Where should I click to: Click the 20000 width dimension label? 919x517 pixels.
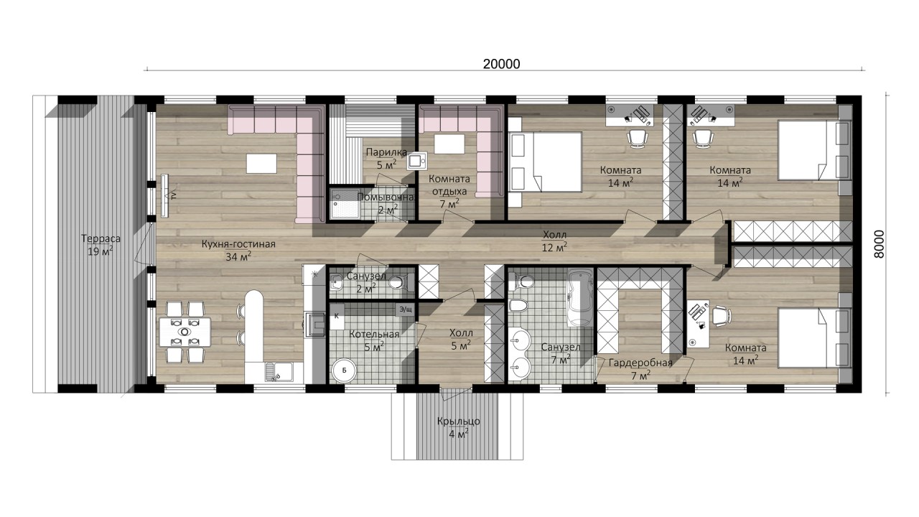click(501, 65)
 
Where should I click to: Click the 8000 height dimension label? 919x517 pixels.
click(879, 244)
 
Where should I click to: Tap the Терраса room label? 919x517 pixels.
click(101, 239)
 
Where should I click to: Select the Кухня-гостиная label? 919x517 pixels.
click(238, 244)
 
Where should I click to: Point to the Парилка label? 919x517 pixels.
click(386, 153)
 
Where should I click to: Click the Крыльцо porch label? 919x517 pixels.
click(458, 421)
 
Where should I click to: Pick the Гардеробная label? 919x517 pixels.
click(640, 363)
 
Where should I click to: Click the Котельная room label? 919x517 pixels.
click(374, 335)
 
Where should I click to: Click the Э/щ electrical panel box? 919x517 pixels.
click(406, 309)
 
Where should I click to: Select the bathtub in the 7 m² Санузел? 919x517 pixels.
click(580, 297)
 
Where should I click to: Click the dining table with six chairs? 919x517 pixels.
click(185, 332)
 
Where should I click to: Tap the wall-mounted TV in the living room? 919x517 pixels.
click(165, 197)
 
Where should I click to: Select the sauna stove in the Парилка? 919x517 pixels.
click(417, 161)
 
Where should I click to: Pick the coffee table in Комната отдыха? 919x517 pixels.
click(449, 144)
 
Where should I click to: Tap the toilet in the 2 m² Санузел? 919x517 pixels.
click(398, 282)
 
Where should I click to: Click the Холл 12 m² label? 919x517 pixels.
click(555, 241)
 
